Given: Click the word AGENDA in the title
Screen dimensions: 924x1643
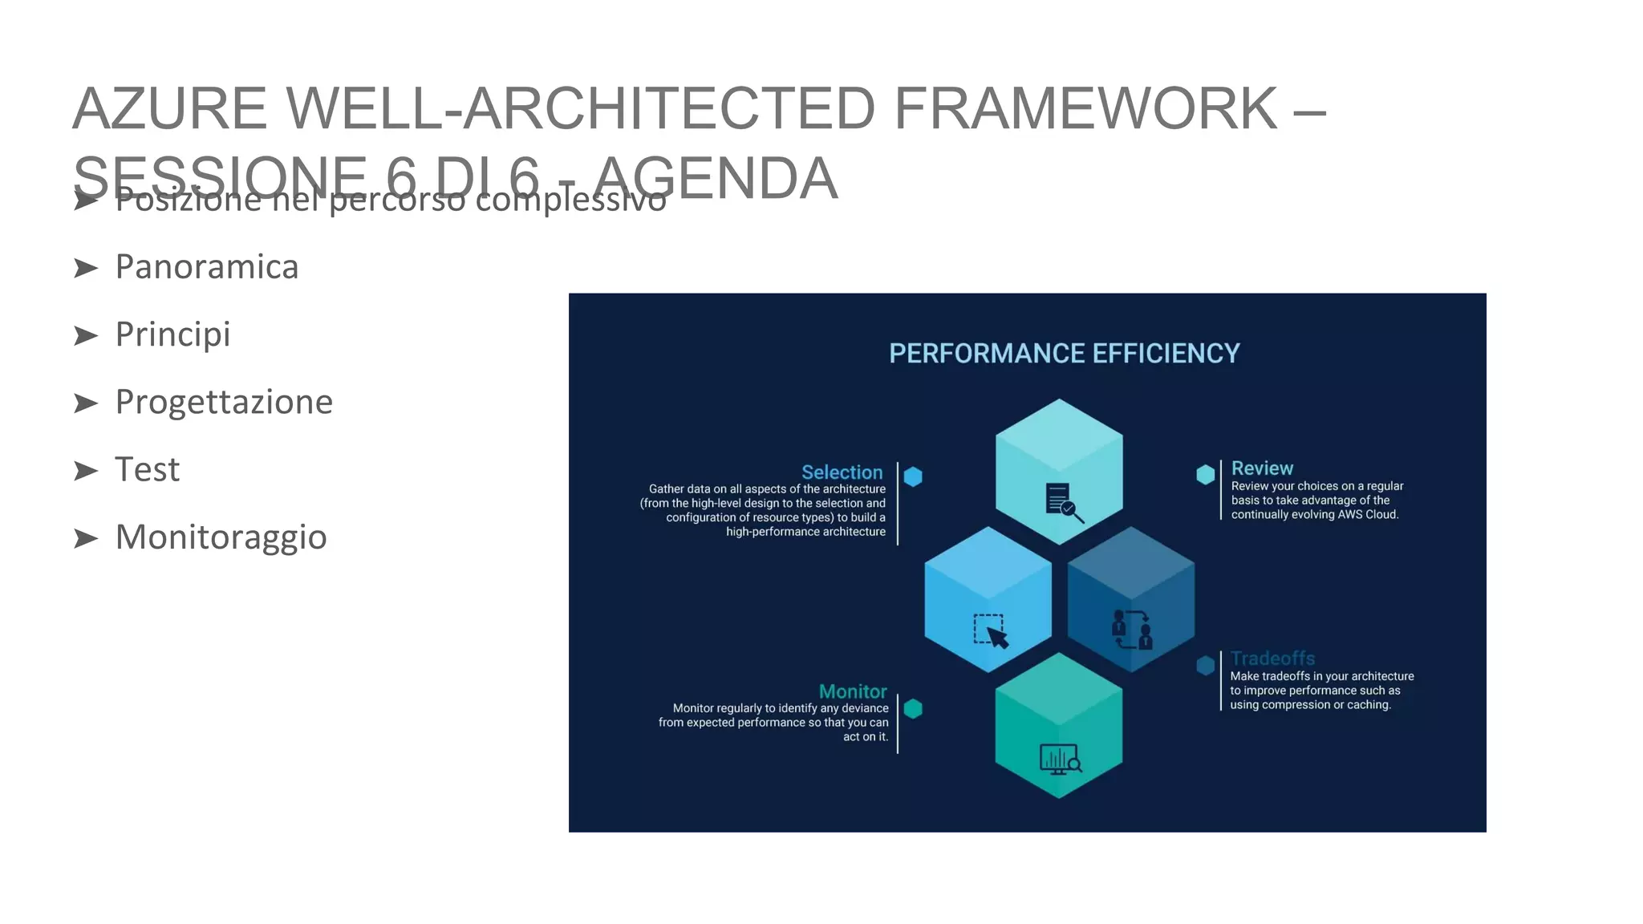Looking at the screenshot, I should click(716, 178).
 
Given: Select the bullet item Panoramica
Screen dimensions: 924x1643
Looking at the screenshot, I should click(206, 267).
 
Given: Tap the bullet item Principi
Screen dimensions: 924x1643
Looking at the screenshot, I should click(172, 334).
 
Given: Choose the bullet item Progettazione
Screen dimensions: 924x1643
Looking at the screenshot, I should click(223, 402).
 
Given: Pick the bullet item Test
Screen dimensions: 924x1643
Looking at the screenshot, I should click(147, 469).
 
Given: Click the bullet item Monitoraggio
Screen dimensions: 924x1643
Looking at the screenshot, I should click(221, 537).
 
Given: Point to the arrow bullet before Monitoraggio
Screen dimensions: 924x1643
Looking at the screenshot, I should click(86, 538).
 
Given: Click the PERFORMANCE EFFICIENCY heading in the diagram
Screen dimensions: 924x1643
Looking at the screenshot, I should click(1064, 354).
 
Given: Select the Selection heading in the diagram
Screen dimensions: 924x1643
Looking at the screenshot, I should click(842, 472).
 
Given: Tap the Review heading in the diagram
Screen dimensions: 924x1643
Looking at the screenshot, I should click(1262, 468).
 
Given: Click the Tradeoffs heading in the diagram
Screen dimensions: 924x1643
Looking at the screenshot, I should click(1272, 659).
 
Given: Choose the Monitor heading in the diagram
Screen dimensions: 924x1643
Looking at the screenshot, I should click(852, 691).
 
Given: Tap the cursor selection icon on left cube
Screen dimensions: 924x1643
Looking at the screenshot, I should click(991, 631).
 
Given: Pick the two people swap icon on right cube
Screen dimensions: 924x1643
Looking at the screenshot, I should click(1132, 630).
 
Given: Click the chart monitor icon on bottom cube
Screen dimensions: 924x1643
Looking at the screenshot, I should click(1060, 759).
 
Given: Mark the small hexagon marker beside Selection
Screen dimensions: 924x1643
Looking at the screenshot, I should click(913, 476).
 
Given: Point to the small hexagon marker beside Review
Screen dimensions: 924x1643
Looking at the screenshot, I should click(1205, 474).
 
